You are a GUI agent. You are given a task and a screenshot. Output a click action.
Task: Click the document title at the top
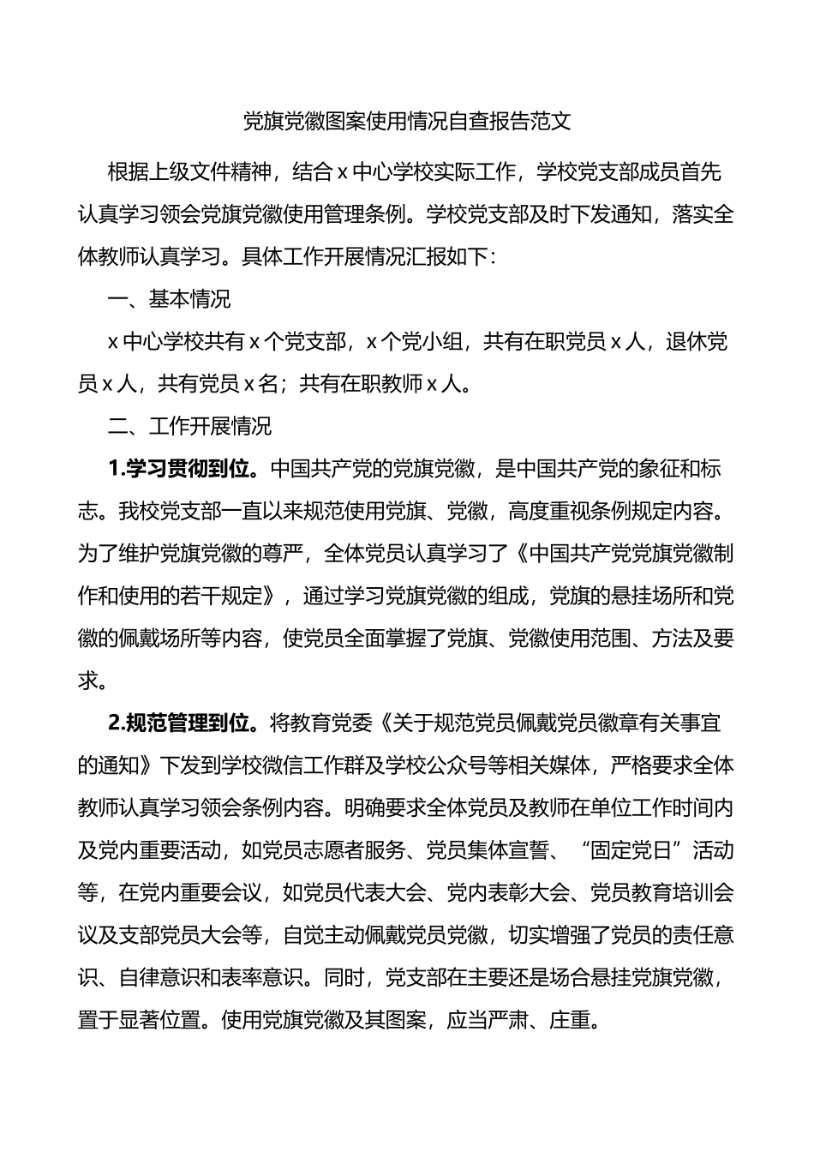pyautogui.click(x=407, y=121)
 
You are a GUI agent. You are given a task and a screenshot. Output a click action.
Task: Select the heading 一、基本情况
pyautogui.click(x=169, y=299)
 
